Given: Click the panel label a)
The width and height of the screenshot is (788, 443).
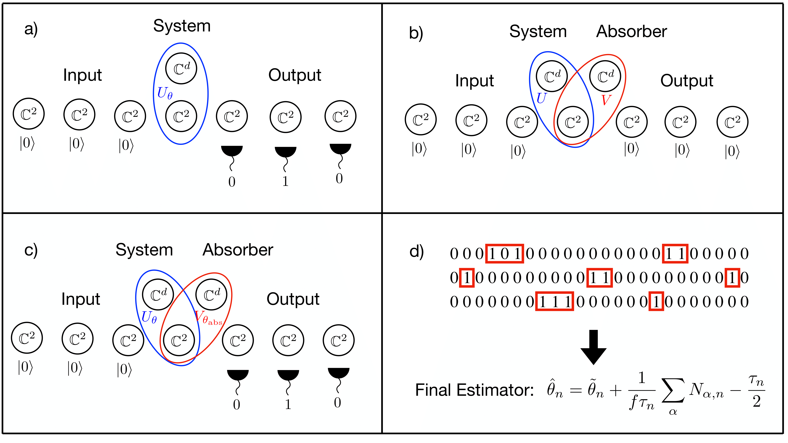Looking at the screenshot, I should click(x=31, y=30).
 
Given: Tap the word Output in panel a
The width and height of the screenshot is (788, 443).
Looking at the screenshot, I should click(x=295, y=75).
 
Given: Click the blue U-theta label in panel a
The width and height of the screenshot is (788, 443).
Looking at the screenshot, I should click(x=165, y=93).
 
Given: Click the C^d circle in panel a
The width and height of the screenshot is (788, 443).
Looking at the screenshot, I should click(x=181, y=69).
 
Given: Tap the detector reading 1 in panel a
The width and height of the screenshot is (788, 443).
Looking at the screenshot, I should click(x=285, y=181).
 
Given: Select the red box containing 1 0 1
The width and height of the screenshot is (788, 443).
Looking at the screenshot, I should click(x=505, y=253).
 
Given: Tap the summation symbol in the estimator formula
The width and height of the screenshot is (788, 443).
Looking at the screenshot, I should click(x=673, y=391).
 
